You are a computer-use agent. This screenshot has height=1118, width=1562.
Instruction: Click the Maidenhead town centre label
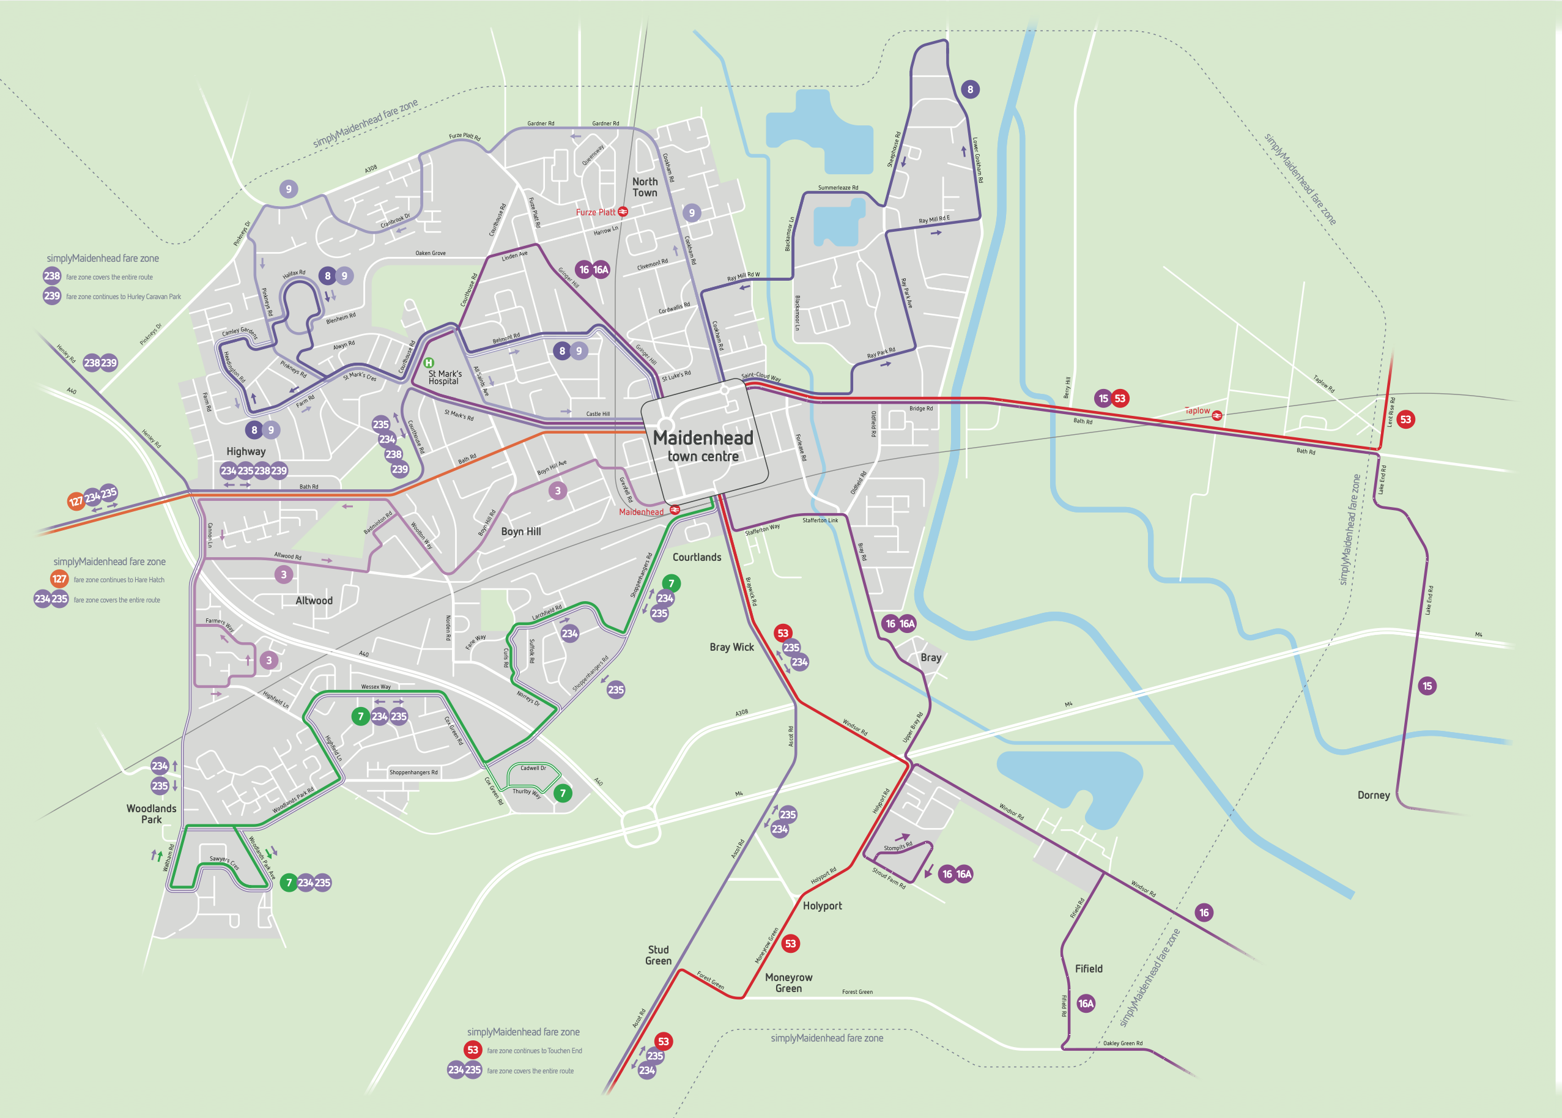(x=703, y=446)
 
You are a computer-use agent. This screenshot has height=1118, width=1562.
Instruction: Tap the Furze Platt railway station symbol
(x=623, y=212)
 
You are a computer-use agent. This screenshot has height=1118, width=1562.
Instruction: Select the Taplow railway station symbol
(x=1217, y=415)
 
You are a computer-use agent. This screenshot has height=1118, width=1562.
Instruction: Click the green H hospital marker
(x=429, y=363)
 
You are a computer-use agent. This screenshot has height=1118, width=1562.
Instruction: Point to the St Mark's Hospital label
(x=445, y=377)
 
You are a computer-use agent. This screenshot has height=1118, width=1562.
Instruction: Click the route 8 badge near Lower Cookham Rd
(x=970, y=89)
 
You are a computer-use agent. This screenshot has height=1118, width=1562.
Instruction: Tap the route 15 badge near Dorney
(x=1427, y=686)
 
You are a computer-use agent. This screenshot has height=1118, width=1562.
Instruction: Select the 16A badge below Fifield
(x=1086, y=1003)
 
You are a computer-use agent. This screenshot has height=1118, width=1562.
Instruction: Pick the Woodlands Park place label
(x=152, y=813)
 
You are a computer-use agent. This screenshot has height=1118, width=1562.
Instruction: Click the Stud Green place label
(x=658, y=955)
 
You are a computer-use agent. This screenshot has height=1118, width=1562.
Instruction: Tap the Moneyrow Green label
(x=788, y=982)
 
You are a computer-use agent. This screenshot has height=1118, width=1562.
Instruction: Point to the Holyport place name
(x=822, y=906)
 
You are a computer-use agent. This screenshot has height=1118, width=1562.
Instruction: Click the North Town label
(x=645, y=187)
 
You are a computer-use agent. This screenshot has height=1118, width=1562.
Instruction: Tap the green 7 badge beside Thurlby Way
(x=563, y=793)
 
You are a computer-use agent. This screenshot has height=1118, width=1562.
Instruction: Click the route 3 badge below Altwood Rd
(x=284, y=574)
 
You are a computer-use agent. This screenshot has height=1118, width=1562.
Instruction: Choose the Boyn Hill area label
(x=520, y=531)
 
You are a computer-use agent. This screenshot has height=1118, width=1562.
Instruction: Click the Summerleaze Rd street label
(x=838, y=187)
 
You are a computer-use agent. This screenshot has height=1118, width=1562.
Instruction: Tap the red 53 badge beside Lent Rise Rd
(x=1405, y=420)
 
